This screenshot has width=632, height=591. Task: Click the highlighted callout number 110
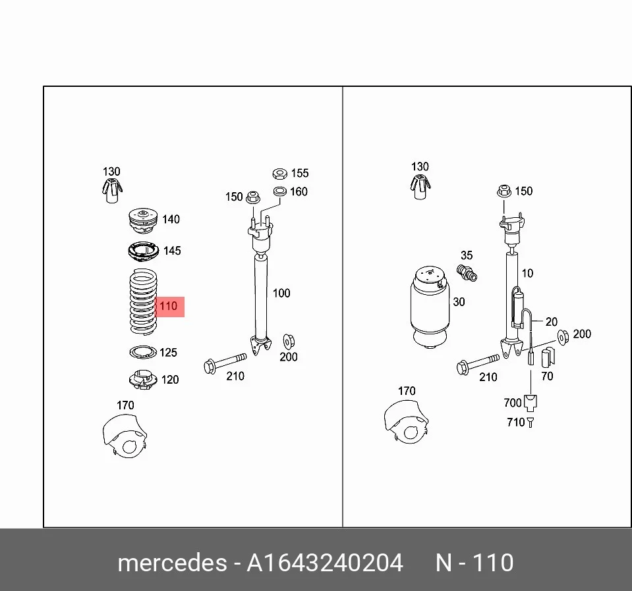(169, 307)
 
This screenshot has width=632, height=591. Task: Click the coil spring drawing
(143, 301)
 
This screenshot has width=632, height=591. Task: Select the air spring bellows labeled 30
(429, 307)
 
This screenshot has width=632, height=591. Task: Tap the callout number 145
(172, 251)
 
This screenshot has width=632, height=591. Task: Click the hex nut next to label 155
(279, 174)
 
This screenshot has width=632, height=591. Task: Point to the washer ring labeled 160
(279, 192)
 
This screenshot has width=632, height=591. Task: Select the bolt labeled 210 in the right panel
(478, 364)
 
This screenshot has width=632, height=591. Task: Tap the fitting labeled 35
(467, 272)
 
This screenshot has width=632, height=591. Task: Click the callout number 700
(513, 403)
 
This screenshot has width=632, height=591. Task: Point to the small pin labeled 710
(530, 423)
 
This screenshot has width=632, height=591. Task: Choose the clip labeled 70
(548, 357)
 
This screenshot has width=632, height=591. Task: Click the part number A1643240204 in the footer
(325, 563)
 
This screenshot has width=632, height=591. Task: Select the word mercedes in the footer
(172, 563)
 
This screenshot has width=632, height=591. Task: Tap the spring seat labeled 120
(143, 380)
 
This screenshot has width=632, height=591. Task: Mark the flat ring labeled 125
(143, 352)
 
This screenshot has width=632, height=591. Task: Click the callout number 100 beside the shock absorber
(281, 293)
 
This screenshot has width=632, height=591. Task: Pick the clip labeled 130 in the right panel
(420, 187)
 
